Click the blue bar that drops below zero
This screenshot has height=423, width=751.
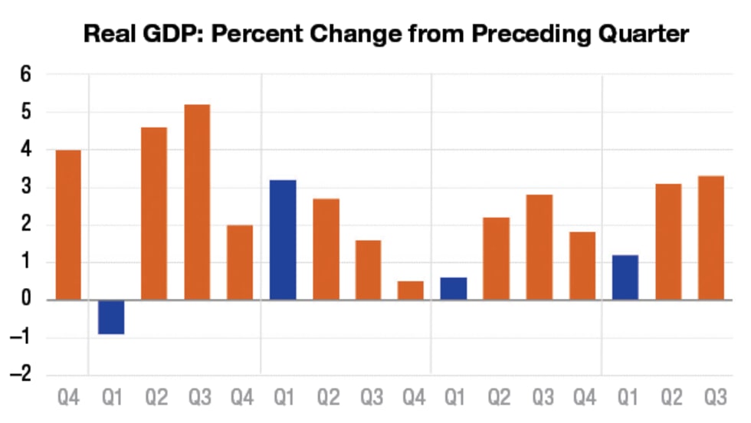pos(111,316)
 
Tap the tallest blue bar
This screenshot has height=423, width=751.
pos(283,240)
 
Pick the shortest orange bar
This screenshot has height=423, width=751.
pos(411,290)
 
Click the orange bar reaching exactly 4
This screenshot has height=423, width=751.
pos(68,225)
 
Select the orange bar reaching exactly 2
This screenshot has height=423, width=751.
pos(240,262)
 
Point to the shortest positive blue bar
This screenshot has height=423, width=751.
pos(454,289)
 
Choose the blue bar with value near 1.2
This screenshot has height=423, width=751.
pos(625,277)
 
